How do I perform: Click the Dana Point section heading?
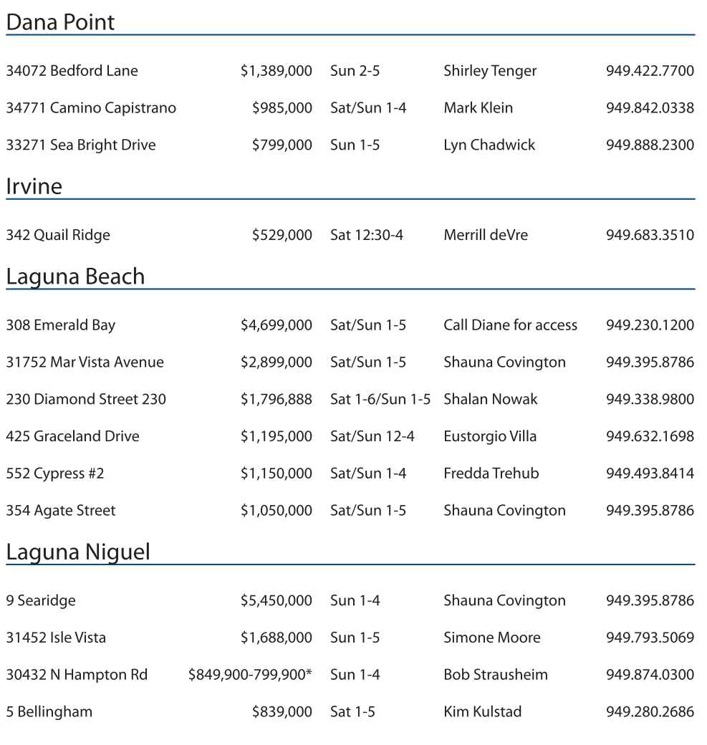pos(60,22)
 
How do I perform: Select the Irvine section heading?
pos(34,186)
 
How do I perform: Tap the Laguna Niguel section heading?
pos(78,552)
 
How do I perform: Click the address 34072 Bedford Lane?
pos(72,71)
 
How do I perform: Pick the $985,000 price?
pos(282,108)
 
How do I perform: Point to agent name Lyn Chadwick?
pos(489,145)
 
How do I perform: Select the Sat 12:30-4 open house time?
pos(366,235)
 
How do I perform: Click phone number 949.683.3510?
pos(650,235)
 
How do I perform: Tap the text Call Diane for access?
pos(510,325)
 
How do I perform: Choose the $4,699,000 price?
pos(276,325)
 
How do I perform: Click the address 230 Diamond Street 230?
pos(86,399)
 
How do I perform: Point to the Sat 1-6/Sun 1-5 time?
pos(380,399)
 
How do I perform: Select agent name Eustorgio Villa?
pos(490,436)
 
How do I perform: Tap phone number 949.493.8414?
pos(650,474)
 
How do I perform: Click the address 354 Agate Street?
pos(61,511)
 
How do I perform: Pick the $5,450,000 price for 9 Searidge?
pos(276,601)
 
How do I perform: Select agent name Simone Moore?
pos(492,638)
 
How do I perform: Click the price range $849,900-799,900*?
pos(250,675)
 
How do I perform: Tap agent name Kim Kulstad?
pos(483,712)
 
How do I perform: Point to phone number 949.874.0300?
pos(650,675)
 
